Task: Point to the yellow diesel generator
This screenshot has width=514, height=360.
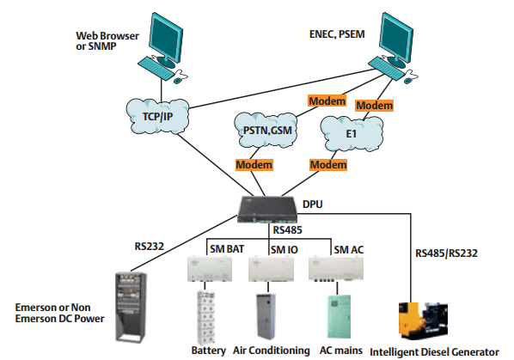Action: click(x=423, y=320)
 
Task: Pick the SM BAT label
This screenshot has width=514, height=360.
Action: click(x=227, y=250)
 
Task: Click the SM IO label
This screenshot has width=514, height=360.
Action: click(x=283, y=250)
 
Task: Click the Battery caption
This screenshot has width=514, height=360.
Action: click(x=208, y=351)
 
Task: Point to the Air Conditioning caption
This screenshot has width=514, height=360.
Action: click(x=270, y=351)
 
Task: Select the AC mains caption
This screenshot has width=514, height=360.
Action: click(x=337, y=351)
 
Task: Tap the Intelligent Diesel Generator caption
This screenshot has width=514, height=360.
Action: click(x=433, y=351)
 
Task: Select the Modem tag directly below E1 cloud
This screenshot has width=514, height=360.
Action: click(x=330, y=164)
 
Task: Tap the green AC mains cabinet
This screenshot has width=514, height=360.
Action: click(x=337, y=317)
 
